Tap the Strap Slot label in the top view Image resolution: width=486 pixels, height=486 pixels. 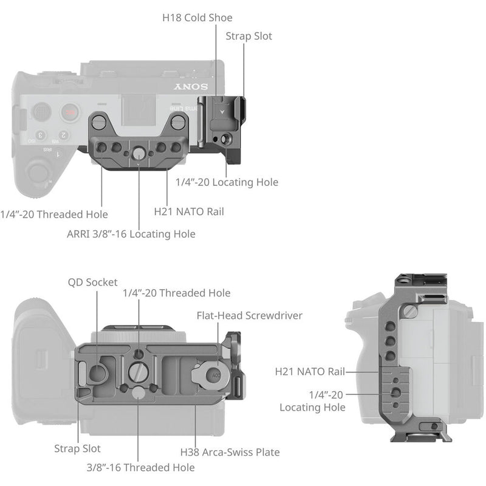pyautogui.click(x=248, y=36)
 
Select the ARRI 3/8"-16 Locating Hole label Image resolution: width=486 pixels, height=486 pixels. pyautogui.click(x=131, y=233)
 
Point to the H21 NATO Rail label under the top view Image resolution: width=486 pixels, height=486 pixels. pyautogui.click(x=188, y=211)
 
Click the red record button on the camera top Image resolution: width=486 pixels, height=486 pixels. pyautogui.click(x=71, y=112)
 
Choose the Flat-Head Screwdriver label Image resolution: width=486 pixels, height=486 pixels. pyautogui.click(x=249, y=315)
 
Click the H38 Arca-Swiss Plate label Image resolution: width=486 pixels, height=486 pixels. pyautogui.click(x=230, y=452)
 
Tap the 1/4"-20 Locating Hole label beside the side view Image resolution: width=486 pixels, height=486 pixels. pyautogui.click(x=312, y=401)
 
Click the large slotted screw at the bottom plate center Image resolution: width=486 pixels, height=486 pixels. pyautogui.click(x=139, y=369)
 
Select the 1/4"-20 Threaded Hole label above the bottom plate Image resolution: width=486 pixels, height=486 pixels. pyautogui.click(x=176, y=293)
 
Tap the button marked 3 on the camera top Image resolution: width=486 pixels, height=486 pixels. pyautogui.click(x=41, y=135)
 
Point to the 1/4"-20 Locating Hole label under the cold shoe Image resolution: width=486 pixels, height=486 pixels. pyautogui.click(x=227, y=182)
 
